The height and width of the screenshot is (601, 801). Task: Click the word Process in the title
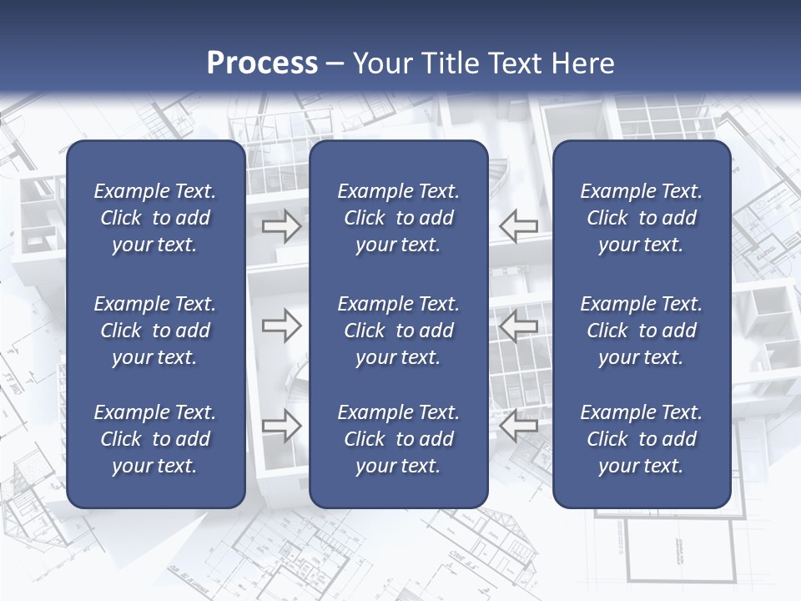coord(262,63)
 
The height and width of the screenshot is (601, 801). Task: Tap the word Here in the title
coord(582,63)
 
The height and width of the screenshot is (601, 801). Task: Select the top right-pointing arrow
coord(282,225)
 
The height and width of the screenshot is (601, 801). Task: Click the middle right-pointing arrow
coord(282,326)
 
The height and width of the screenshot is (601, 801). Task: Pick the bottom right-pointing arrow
coord(282,426)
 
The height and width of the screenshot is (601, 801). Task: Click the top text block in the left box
coord(155,218)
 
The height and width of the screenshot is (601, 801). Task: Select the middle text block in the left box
coord(155,331)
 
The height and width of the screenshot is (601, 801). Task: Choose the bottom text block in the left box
coord(155,439)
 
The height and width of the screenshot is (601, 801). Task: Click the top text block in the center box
coord(398,218)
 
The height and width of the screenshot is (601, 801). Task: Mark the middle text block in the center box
coord(398,331)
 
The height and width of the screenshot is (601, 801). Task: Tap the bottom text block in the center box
coord(398,439)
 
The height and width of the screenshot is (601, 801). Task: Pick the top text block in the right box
coord(642,218)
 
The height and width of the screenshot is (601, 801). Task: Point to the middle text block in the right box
coord(642,331)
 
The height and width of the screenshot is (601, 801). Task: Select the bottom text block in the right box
coord(642,439)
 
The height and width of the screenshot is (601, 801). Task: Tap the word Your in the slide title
coord(380,63)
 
